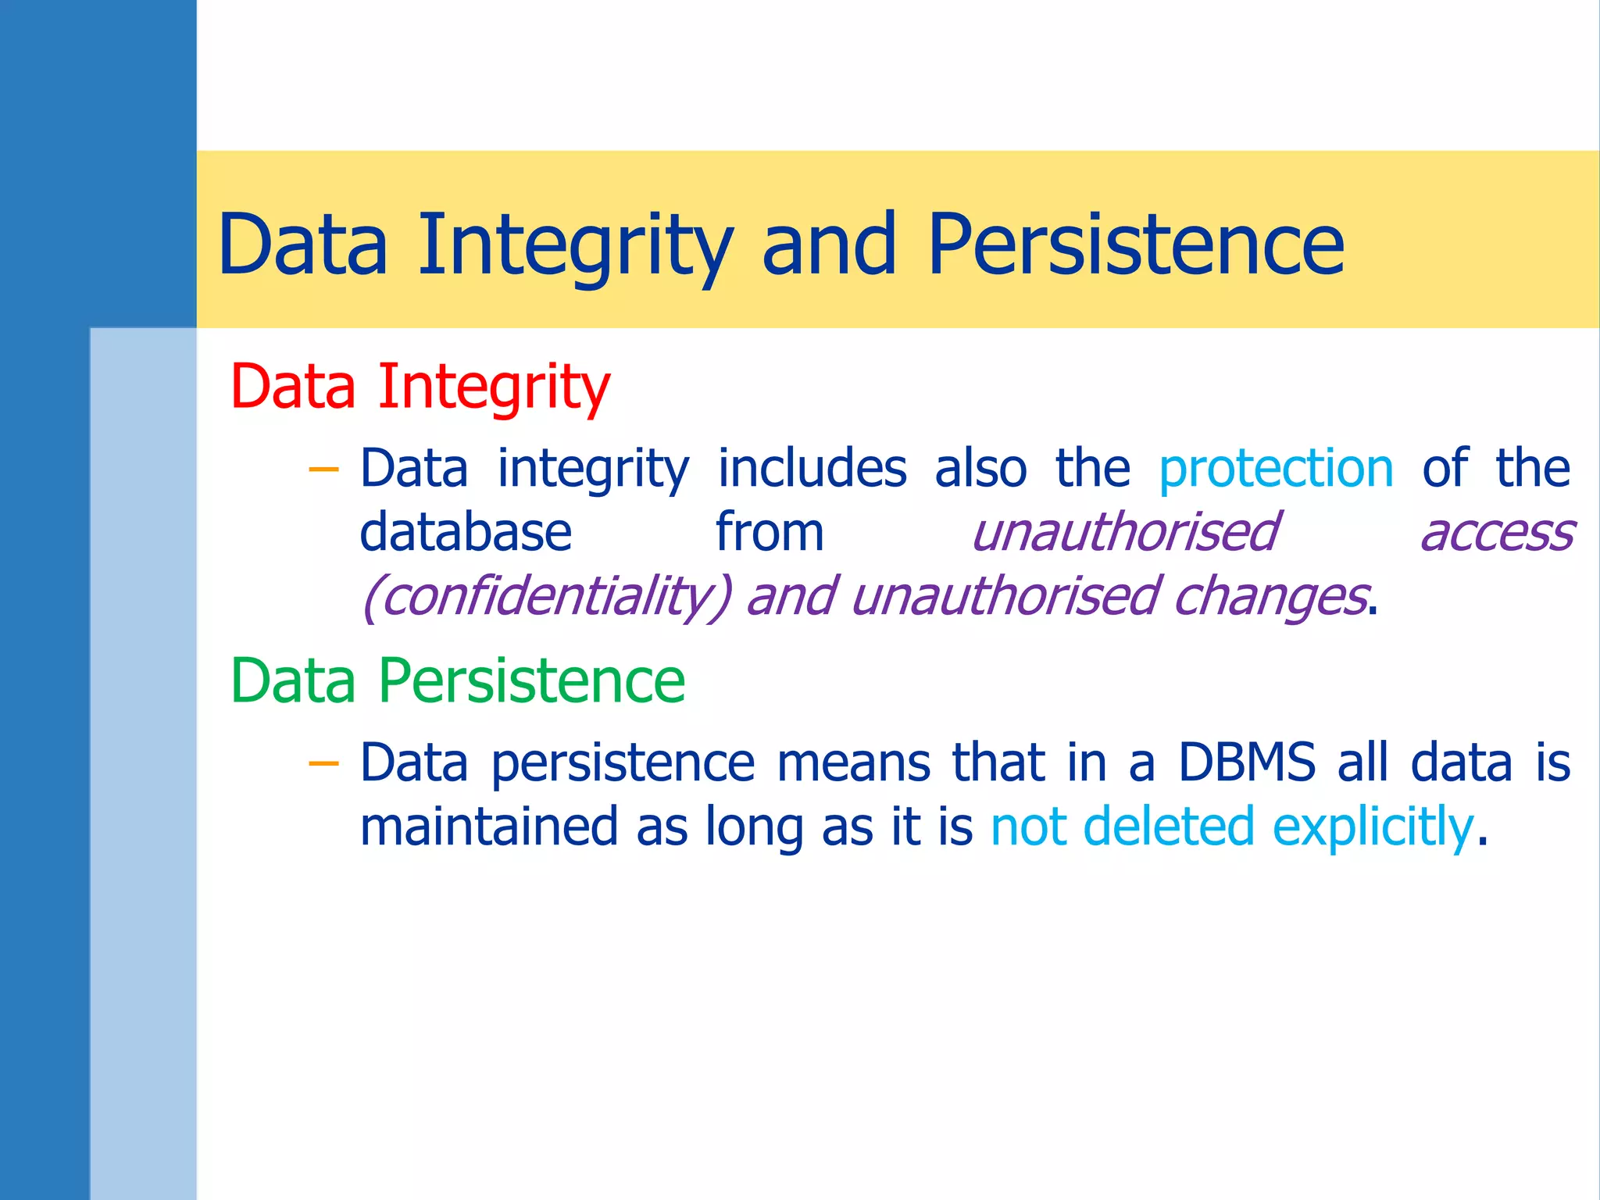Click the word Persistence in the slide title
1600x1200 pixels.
[x=1136, y=245]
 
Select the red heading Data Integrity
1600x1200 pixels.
[x=420, y=387]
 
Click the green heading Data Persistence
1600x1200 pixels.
[x=458, y=681]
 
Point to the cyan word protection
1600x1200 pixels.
[x=1276, y=469]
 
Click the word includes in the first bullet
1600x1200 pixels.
[x=812, y=469]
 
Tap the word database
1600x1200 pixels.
[x=466, y=533]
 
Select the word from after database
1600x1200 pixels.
[x=770, y=533]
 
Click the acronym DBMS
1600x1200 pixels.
[x=1246, y=762]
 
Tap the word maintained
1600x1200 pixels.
[x=489, y=827]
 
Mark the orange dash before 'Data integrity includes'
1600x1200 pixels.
[x=323, y=470]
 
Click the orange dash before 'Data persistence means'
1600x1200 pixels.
[x=323, y=763]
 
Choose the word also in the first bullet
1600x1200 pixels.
[x=980, y=469]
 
